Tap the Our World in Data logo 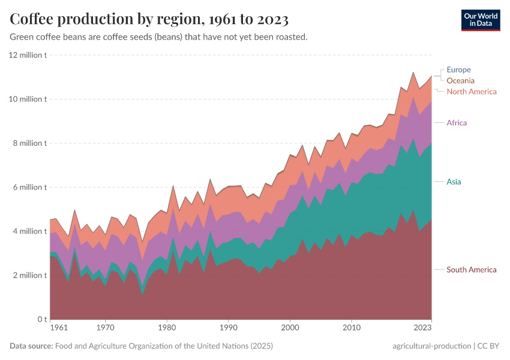481,19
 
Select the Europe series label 458,70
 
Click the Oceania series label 460,80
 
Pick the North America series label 472,92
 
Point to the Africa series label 457,123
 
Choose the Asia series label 454,181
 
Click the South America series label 472,270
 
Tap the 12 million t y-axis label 28,55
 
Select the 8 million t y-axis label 30,143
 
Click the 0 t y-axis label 41,319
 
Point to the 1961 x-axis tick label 58,328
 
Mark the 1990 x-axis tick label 228,328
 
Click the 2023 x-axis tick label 422,328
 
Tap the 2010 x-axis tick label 351,328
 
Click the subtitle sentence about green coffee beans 159,37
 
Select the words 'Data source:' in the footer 31,346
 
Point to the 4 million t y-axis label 30,231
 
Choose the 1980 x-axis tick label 167,328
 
